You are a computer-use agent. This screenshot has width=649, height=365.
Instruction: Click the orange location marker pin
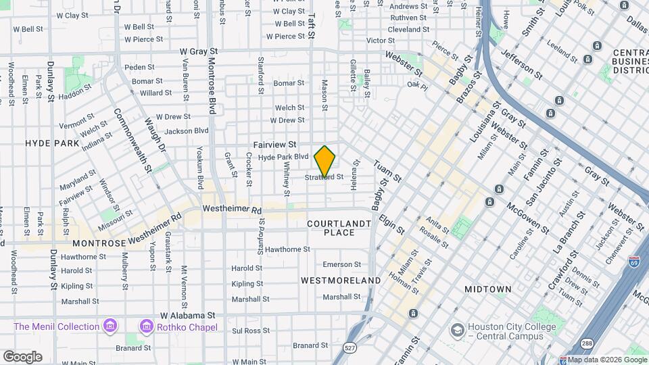coord(325,161)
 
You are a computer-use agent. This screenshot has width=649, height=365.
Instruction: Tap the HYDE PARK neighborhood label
coord(52,143)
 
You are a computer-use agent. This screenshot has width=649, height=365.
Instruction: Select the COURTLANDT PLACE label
coord(339,227)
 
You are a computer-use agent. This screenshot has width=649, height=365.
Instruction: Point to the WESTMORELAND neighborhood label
coord(341,280)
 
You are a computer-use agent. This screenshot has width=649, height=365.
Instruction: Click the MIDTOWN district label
coord(487,289)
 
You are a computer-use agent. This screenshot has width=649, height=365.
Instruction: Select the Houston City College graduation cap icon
coord(458,330)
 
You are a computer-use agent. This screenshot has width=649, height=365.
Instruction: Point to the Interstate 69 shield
coord(634,261)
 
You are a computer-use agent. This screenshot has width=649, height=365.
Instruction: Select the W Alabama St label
coord(187,315)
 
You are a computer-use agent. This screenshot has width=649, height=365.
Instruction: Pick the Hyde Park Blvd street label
coord(283,157)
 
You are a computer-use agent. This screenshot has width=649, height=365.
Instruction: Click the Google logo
coord(22,356)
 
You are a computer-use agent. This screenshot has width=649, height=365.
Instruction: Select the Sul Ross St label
coord(251,331)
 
